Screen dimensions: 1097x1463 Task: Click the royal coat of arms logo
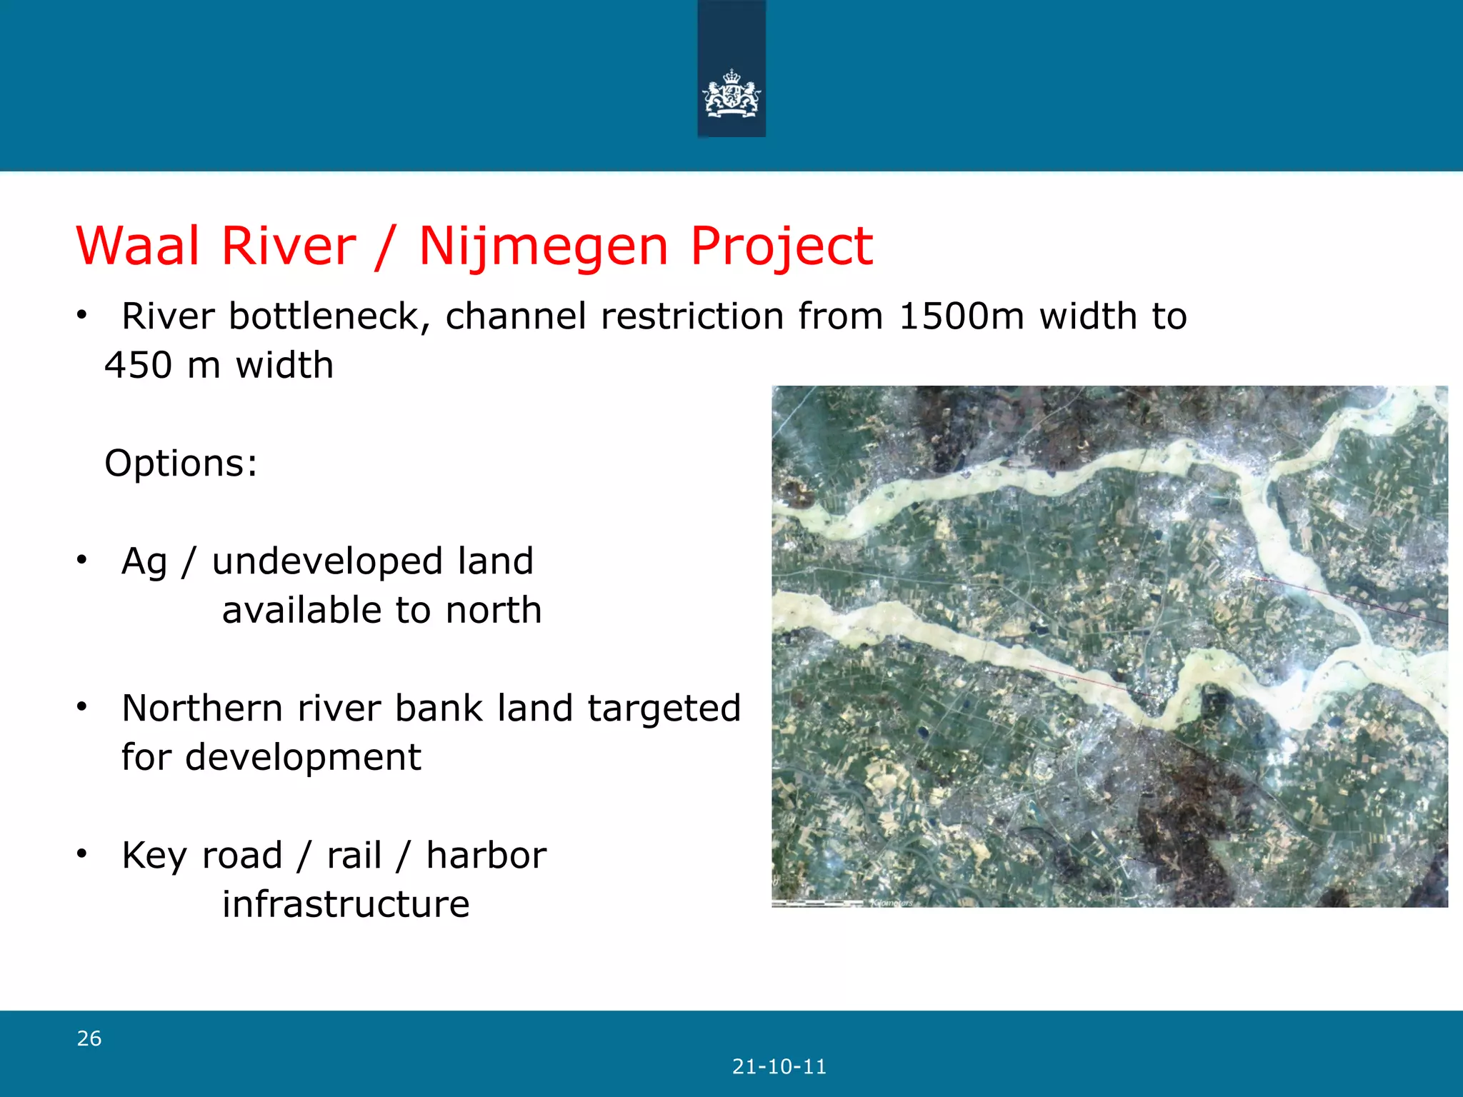(x=731, y=93)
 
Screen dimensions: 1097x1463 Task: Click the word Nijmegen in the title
(x=543, y=246)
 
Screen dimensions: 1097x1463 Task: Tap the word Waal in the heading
(x=138, y=246)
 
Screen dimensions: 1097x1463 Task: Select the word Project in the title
(x=781, y=246)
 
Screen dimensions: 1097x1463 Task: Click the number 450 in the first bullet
(x=138, y=366)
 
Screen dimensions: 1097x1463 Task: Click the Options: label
(x=181, y=463)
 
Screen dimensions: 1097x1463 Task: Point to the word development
(x=303, y=758)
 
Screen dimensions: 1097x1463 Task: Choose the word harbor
(x=486, y=856)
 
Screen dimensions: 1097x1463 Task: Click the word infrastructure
(x=346, y=905)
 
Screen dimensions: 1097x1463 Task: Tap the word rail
(x=354, y=856)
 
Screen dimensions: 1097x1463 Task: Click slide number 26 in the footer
(x=89, y=1038)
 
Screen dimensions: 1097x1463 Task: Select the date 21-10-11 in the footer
(x=779, y=1067)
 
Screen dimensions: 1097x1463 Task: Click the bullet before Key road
(x=82, y=853)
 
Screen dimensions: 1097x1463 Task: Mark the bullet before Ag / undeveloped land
(x=82, y=559)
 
